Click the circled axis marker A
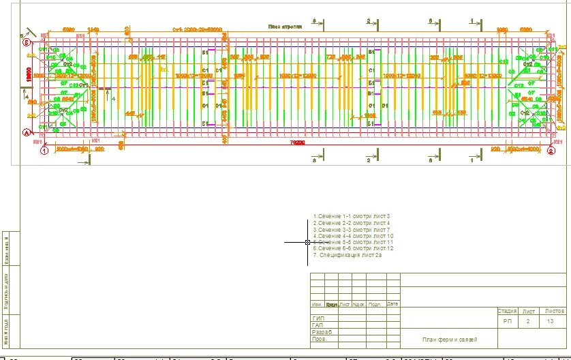28,133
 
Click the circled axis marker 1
43,151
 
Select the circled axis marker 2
551,151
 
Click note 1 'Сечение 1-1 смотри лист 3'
351,216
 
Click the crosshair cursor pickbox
307,242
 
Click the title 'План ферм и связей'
450,339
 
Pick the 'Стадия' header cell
508,310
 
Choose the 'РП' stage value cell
508,320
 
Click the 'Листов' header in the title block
555,310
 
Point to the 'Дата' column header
392,304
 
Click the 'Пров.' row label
320,339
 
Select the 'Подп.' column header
375,304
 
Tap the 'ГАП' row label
318,325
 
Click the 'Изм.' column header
317,304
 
